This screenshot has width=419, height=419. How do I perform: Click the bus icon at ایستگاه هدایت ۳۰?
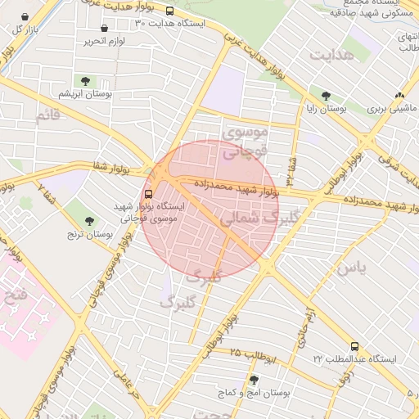pyautogui.click(x=169, y=11)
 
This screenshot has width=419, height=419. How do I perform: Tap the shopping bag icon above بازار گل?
pyautogui.click(x=25, y=16)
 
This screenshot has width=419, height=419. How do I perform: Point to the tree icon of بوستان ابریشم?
pyautogui.click(x=84, y=80)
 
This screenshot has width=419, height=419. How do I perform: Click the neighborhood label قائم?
pyautogui.click(x=47, y=115)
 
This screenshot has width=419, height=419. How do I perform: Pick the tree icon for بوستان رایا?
pyautogui.click(x=327, y=96)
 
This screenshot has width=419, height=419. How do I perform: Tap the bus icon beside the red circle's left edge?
pyautogui.click(x=148, y=195)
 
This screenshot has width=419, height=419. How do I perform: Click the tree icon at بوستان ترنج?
pyautogui.click(x=89, y=221)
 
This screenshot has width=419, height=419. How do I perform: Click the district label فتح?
pyautogui.click(x=16, y=292)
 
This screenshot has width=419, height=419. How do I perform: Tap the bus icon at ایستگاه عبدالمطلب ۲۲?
pyautogui.click(x=354, y=347)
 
